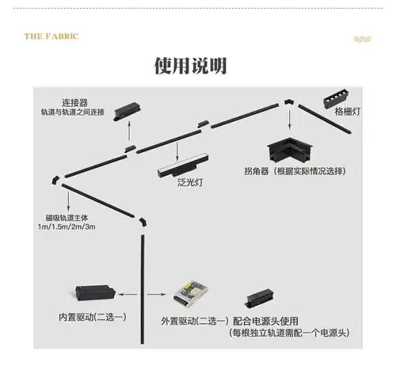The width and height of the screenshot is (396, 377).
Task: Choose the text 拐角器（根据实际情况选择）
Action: point(299,170)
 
